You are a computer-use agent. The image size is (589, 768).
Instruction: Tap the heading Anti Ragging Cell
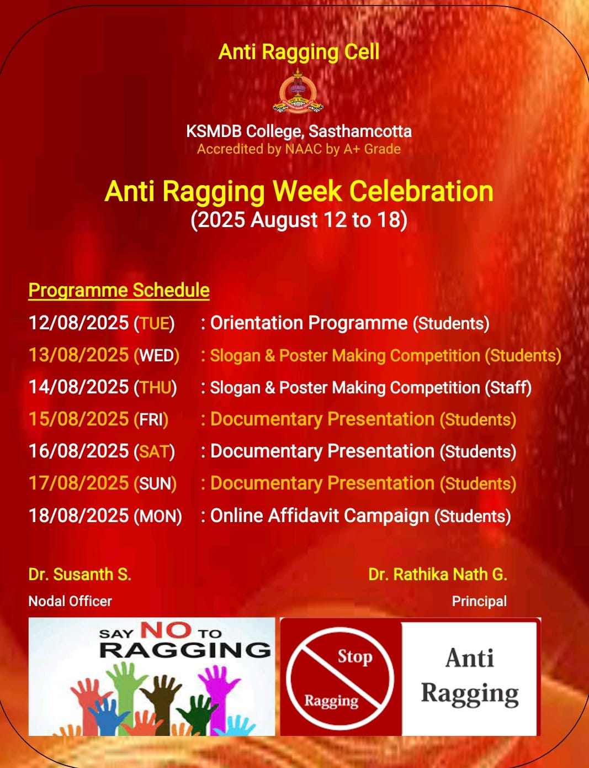299,52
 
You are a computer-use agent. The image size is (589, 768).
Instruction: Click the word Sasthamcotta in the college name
360,131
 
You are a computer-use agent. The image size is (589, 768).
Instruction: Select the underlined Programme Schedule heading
119,291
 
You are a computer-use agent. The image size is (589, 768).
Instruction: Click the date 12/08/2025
78,323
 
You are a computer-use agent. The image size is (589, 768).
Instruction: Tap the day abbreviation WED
157,355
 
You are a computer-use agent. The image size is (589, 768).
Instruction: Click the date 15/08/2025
78,419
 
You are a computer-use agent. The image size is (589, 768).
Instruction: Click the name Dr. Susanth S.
80,574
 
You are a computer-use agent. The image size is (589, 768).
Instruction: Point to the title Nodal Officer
70,601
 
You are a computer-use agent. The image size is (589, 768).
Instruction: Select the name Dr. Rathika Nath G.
438,574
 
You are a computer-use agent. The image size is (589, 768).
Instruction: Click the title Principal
479,601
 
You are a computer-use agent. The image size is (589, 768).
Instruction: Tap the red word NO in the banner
166,630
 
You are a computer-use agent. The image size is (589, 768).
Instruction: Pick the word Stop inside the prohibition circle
355,657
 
